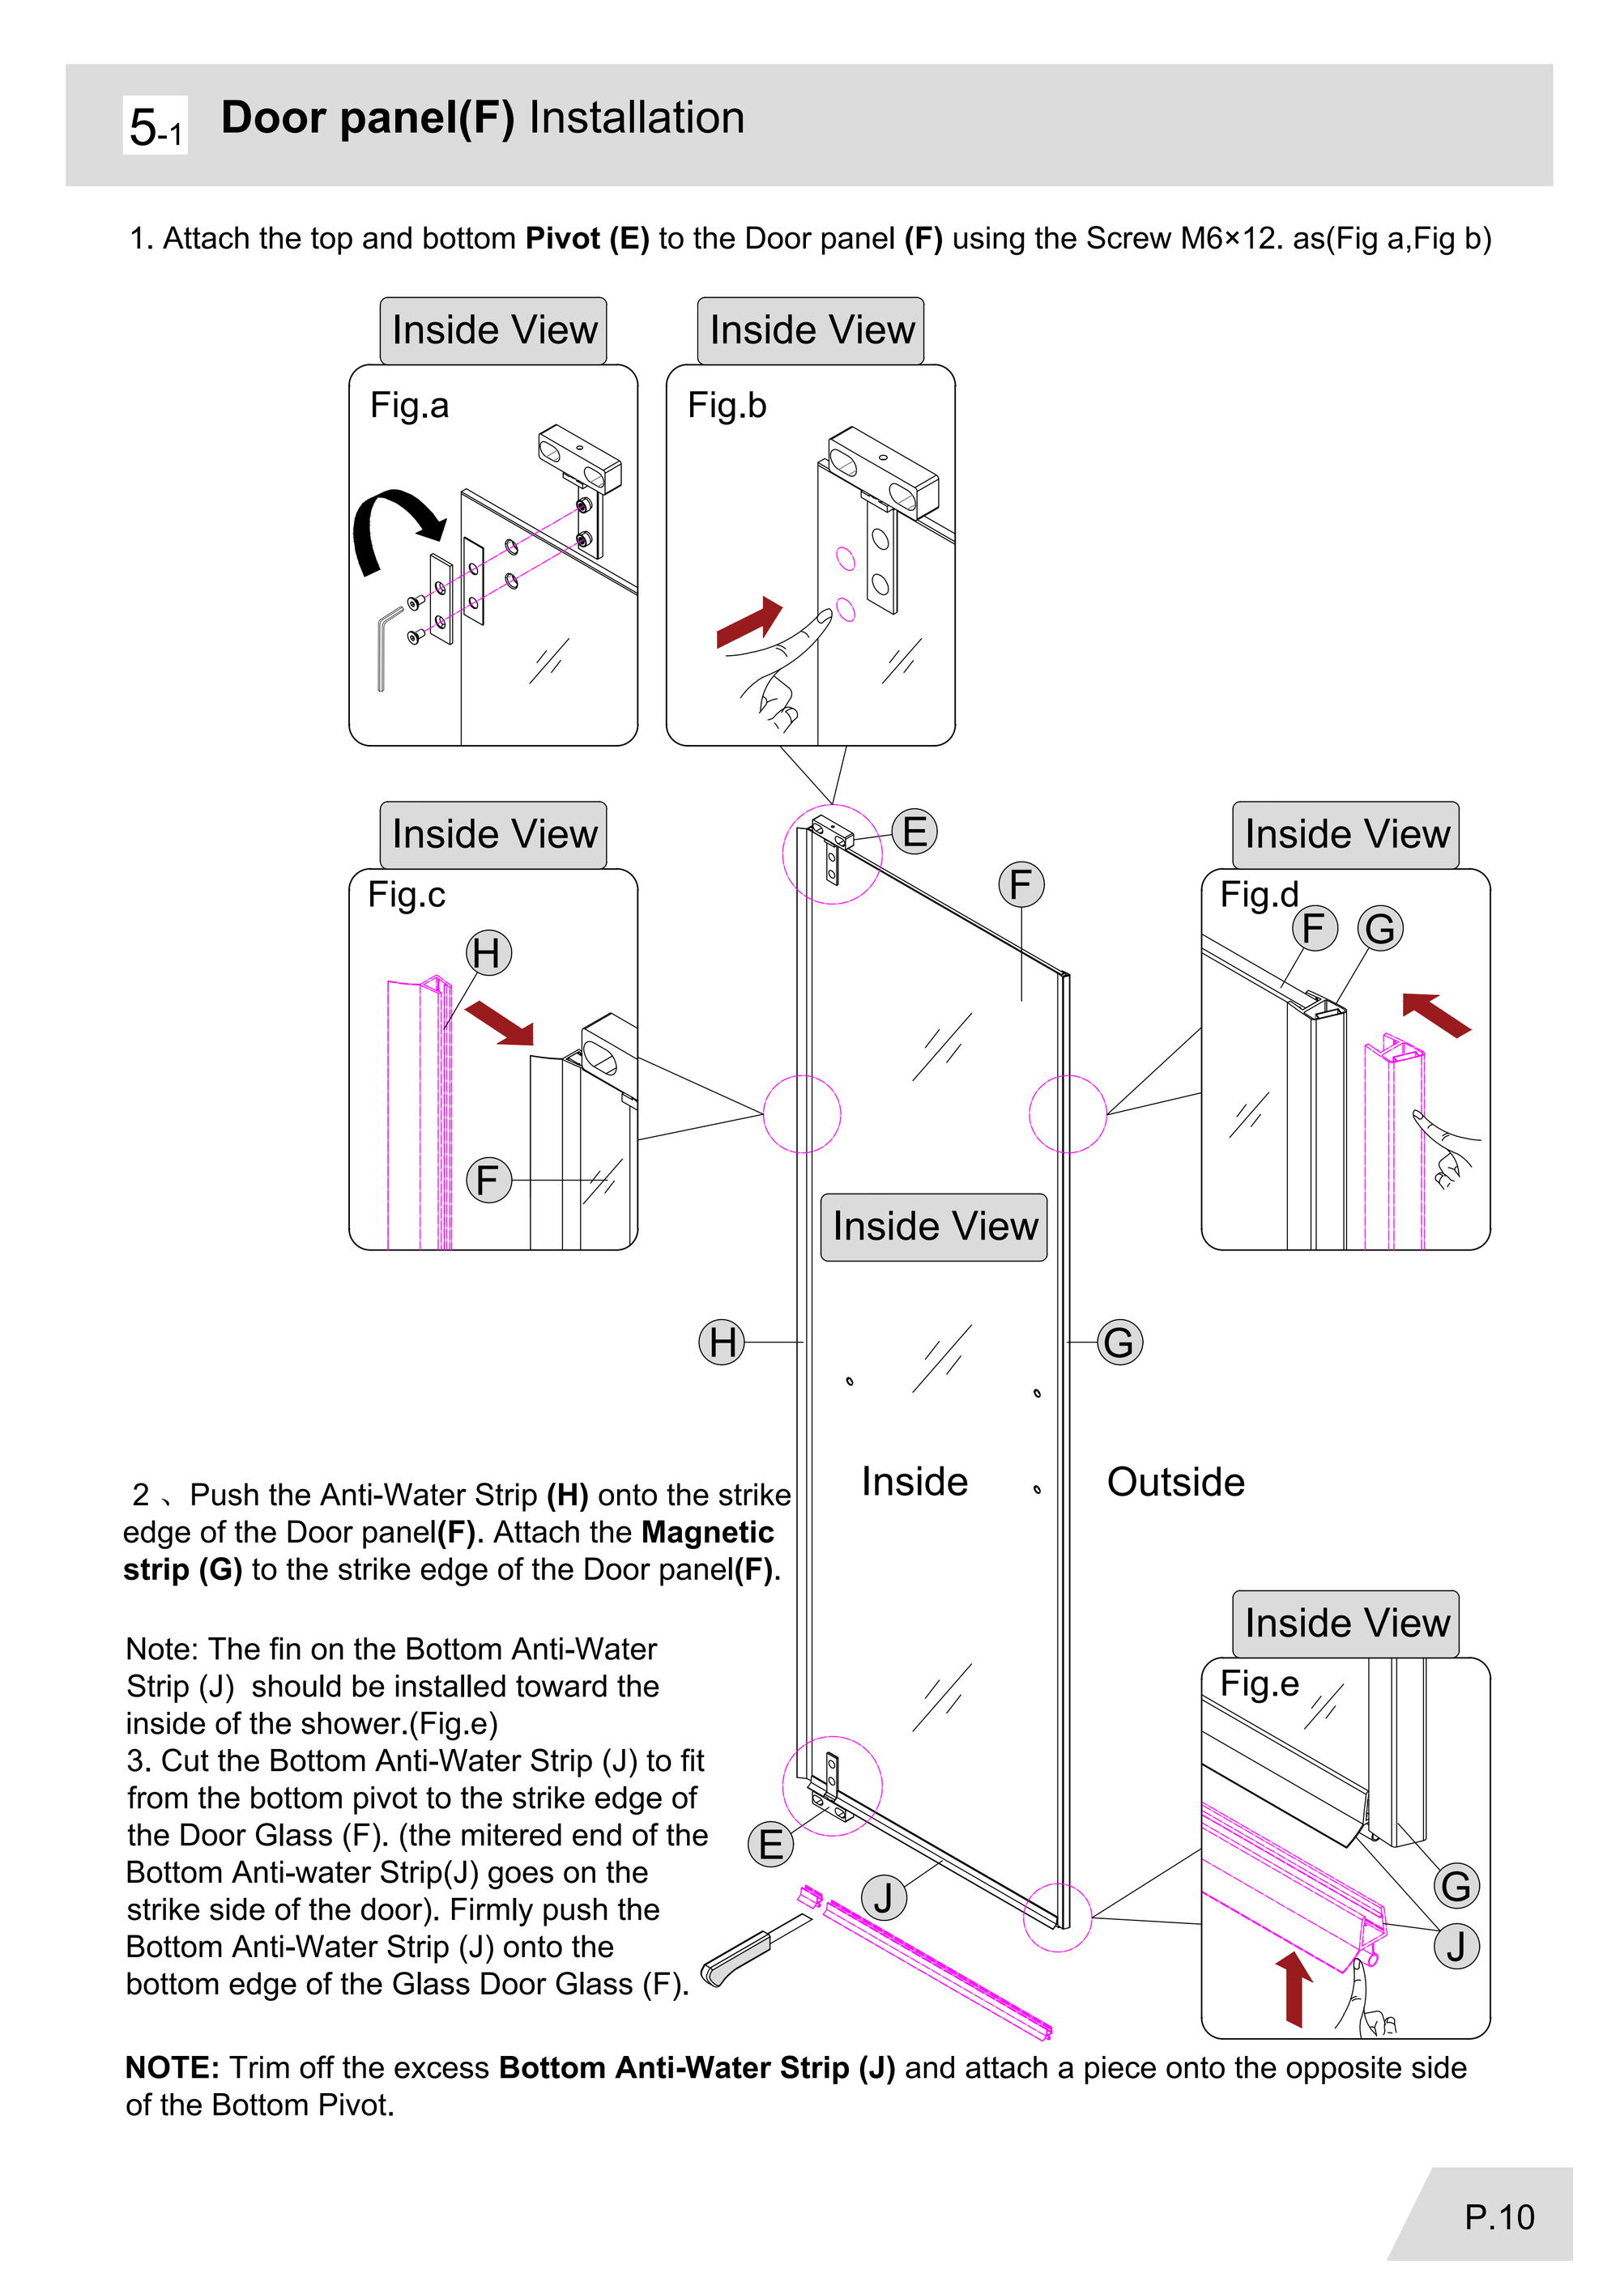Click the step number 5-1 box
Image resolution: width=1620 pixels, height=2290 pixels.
pos(155,126)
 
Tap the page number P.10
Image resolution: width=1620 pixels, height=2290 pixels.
pos(1498,2216)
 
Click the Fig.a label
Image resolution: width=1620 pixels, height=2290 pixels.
pos(409,406)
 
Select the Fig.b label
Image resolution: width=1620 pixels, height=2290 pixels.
pos(727,406)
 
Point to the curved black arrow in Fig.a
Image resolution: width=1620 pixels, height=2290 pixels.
pos(389,524)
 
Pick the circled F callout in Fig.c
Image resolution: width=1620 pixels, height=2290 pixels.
pos(488,1180)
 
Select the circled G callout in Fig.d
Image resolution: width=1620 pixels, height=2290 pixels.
pos(1379,929)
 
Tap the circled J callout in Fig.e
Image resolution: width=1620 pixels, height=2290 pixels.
pos(1456,1946)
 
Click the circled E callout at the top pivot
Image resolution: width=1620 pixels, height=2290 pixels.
pos(914,832)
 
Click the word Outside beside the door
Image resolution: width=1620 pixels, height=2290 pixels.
pos(1175,1482)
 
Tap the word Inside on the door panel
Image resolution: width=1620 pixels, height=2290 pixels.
pos(914,1482)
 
